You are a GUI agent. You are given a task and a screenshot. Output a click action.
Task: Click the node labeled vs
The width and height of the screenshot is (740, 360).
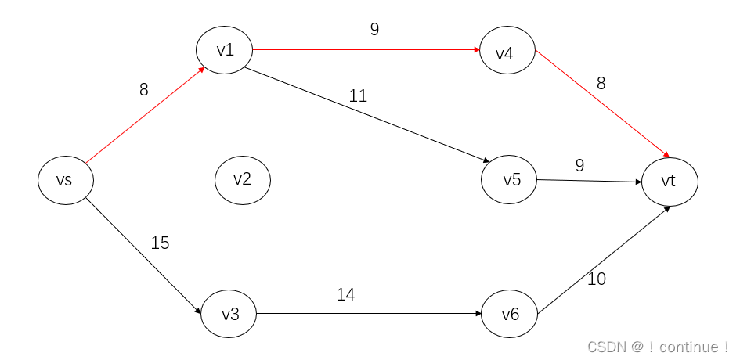66,180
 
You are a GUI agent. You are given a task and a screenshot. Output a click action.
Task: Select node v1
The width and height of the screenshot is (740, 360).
225,50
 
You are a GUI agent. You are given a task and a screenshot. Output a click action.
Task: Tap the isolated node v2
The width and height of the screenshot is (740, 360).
243,179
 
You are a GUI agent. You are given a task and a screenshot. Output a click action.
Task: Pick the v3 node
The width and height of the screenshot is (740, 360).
229,314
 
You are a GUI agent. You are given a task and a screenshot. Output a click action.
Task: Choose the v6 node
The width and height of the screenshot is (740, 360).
510,314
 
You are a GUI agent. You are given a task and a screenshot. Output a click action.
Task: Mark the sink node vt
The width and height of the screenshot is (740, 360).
669,182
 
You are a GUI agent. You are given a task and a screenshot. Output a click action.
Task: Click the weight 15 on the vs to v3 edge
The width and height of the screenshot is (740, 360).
160,243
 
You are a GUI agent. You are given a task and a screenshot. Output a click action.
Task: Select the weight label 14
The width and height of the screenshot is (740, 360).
345,295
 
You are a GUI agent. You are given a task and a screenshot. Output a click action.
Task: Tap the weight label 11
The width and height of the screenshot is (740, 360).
358,96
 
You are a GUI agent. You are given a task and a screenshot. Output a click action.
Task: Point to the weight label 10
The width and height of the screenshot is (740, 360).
596,279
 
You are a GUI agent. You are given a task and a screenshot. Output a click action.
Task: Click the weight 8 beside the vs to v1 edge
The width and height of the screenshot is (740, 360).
143,90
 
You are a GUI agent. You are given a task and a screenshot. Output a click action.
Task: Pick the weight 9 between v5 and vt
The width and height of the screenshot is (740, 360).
579,165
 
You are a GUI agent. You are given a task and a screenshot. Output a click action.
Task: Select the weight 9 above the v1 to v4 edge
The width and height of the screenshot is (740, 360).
374,30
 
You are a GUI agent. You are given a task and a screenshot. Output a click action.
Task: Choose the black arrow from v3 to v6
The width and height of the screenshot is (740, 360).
368,314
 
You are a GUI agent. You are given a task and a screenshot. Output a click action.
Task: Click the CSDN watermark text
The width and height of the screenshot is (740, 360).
658,347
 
